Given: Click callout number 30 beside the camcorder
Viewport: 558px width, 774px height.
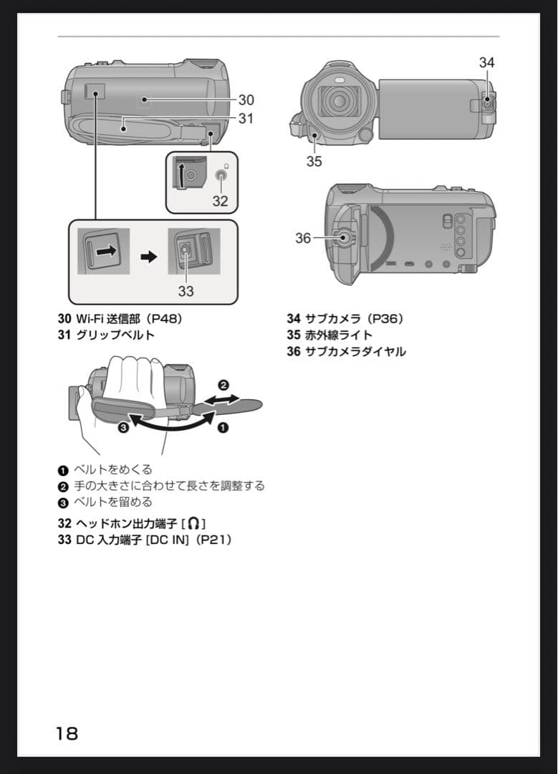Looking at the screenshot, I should (246, 100).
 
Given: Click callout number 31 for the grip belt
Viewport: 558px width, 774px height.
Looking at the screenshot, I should (246, 118).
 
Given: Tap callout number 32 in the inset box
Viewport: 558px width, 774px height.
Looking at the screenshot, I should (220, 201).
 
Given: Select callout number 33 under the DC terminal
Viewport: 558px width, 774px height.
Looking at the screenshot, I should (186, 291).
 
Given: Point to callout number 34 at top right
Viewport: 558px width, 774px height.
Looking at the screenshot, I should (487, 63).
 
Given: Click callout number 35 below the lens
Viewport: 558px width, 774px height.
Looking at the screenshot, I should (314, 161).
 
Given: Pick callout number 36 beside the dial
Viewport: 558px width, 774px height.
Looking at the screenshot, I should (303, 238).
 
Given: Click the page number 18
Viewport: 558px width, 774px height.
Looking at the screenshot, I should (67, 733).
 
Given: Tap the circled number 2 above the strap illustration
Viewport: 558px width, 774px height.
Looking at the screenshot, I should (223, 385).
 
